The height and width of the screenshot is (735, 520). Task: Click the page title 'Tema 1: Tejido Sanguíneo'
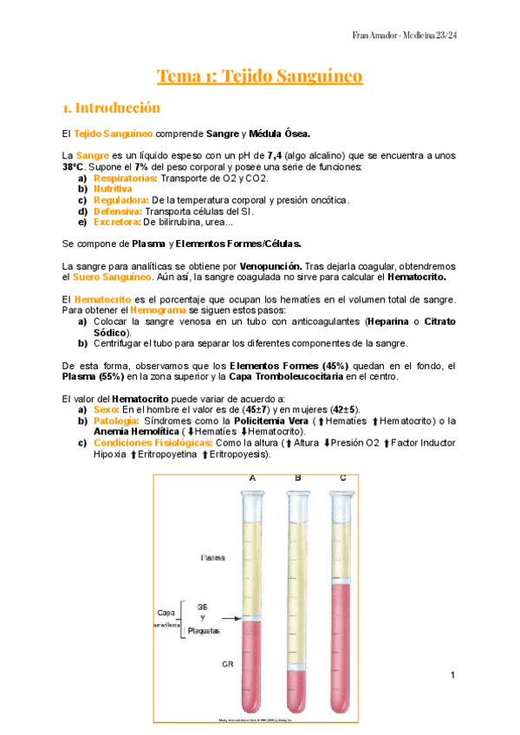pyautogui.click(x=259, y=76)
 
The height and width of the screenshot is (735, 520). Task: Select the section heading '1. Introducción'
pyautogui.click(x=112, y=108)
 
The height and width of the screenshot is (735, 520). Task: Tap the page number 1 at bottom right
pyautogui.click(x=452, y=673)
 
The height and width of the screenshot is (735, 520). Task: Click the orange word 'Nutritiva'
pyautogui.click(x=113, y=188)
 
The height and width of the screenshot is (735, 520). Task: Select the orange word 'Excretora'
pyautogui.click(x=116, y=221)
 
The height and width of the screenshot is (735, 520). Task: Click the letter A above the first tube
pyautogui.click(x=252, y=478)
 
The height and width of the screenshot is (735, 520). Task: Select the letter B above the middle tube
pyautogui.click(x=297, y=478)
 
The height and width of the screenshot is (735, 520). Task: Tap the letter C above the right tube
pyautogui.click(x=343, y=478)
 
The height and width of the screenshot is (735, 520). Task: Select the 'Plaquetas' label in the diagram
pyautogui.click(x=203, y=631)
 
